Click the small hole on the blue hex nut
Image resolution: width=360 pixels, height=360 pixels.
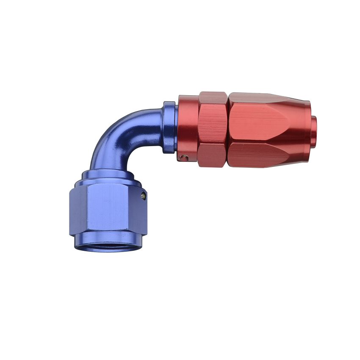point(144,196)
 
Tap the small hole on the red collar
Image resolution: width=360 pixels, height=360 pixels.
point(184,158)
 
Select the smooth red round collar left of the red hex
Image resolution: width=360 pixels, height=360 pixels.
point(188,127)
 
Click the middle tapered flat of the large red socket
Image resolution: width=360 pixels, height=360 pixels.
point(258,123)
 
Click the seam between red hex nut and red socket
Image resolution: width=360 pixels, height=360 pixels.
point(228,129)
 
